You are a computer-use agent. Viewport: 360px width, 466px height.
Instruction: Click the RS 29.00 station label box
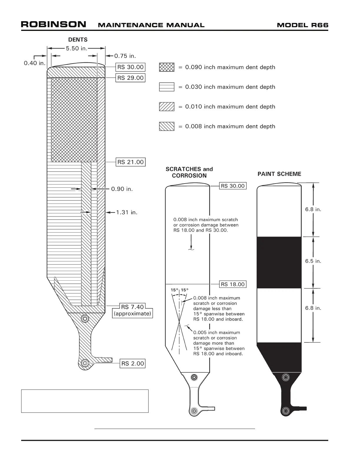(130, 78)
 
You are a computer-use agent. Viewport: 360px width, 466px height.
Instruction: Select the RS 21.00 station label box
(130, 162)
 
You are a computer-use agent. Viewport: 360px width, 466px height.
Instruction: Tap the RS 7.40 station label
(132, 307)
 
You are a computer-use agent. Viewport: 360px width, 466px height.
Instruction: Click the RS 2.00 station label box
(133, 364)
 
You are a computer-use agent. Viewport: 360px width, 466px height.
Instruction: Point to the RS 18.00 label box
(233, 284)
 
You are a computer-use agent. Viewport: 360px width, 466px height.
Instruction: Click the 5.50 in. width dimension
(76, 49)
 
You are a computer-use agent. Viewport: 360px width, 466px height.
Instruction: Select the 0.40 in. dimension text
(35, 63)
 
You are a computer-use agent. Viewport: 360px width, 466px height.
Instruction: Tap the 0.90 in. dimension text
(122, 189)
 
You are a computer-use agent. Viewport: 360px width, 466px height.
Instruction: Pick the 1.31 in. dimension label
(126, 212)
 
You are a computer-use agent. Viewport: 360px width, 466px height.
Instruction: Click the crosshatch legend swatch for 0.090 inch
(166, 67)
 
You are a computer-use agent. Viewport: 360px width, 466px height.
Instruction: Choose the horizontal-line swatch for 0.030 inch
(166, 87)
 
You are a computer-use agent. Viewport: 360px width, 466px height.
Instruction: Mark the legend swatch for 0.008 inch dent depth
(166, 127)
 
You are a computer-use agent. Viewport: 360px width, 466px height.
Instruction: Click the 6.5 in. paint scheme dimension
(313, 261)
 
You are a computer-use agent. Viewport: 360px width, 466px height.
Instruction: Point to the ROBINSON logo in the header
(54, 24)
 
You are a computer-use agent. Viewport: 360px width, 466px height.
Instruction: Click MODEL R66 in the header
(302, 25)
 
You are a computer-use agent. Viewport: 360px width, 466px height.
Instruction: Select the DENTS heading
(78, 40)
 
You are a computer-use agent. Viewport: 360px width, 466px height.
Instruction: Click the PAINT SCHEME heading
(279, 174)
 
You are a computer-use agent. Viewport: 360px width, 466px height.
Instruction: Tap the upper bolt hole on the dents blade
(85, 318)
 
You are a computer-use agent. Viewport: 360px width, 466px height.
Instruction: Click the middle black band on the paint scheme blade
(279, 262)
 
